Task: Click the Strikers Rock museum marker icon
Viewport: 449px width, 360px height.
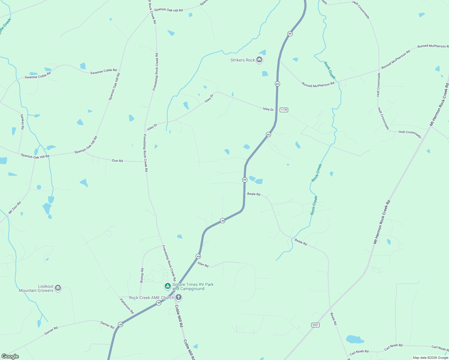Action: [260, 60]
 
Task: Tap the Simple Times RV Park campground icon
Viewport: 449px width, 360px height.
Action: [168, 286]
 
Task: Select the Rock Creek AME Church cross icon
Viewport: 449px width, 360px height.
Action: [179, 297]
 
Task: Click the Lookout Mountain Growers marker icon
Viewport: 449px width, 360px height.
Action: [58, 288]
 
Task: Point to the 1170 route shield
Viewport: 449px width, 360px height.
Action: [284, 110]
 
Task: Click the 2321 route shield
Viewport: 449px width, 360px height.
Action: [315, 325]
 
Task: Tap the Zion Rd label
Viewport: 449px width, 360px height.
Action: [117, 161]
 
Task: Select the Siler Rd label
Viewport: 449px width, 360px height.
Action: [203, 264]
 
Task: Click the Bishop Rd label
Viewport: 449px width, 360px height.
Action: [142, 275]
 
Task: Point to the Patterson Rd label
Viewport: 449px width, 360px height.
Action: [127, 306]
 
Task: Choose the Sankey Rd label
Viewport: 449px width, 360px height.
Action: [22, 121]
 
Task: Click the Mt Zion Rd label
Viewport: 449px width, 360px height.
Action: [14, 208]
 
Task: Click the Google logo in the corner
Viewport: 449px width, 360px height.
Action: [10, 356]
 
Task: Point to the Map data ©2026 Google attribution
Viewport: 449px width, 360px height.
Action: [430, 358]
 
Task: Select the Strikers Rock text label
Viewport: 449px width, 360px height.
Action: [243, 60]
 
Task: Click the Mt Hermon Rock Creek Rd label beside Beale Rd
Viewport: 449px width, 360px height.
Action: [382, 222]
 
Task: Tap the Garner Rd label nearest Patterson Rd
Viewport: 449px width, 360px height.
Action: [107, 325]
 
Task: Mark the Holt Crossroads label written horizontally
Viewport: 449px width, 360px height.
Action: [410, 133]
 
